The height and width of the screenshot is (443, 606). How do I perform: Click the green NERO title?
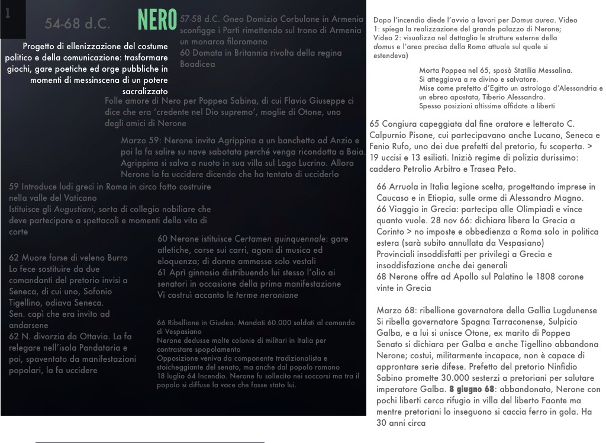[x=157, y=20]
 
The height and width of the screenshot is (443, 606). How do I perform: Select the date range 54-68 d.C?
[x=77, y=24]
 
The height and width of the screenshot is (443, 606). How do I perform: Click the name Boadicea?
[x=198, y=64]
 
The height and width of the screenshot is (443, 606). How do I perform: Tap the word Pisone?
[x=421, y=136]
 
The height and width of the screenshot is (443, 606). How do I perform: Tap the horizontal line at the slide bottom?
[x=149, y=442]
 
